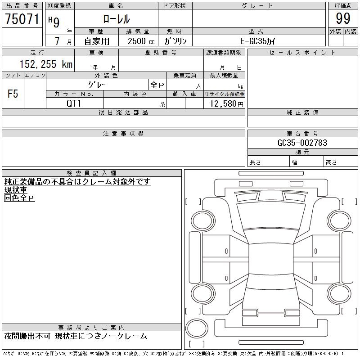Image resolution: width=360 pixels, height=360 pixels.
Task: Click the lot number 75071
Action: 22,19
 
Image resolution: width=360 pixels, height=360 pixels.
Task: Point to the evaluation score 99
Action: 343,18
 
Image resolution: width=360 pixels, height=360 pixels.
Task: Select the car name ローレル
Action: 117,19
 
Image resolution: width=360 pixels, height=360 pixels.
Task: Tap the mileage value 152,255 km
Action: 46,64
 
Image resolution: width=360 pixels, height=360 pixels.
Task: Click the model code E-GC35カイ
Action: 258,41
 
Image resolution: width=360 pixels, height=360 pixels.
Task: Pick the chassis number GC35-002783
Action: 302,143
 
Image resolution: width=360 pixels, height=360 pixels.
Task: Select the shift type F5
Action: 13,94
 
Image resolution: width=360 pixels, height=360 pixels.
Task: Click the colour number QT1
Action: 74,103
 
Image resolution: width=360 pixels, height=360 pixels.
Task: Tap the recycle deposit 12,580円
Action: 226,104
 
